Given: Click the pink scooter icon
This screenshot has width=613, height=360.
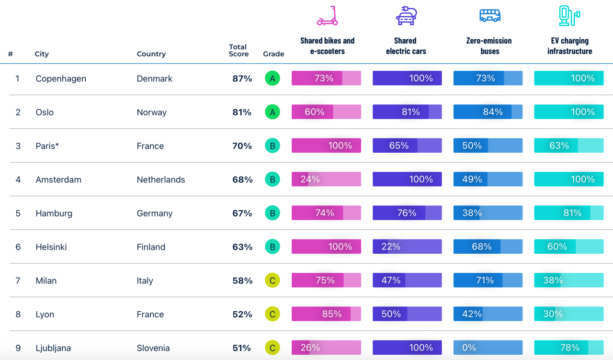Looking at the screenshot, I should point(328,16).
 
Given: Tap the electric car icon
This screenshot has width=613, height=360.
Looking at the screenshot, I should point(406,16).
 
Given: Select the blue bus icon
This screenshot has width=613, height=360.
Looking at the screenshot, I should point(489,16).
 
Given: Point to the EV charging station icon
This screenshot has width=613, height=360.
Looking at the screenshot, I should point(569,16).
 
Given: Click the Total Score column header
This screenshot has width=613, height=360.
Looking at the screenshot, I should point(238,50).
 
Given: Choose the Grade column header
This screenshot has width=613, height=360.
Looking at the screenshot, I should point(273,54).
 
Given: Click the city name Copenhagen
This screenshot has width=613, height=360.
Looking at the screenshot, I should point(61,79).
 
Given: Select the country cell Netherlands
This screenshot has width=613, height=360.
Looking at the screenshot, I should point(160,180).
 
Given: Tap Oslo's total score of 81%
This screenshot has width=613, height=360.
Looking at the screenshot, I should point(242,112).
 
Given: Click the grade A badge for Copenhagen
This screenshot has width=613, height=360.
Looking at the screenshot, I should point(272,79).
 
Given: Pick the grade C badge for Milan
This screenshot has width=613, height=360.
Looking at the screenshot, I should point(272,281).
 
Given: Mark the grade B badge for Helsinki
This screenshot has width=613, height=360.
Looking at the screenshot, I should point(272,247).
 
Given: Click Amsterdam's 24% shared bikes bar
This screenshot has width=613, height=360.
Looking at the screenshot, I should point(326,180).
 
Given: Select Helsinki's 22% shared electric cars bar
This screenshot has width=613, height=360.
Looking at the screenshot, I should point(407,247).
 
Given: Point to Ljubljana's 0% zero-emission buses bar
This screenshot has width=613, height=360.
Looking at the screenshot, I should point(488,348).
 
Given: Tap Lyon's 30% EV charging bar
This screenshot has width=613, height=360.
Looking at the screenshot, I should point(569,314).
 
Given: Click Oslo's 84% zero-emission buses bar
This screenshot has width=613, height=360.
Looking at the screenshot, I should point(488,112).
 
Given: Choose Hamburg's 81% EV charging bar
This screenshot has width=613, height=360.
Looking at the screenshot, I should point(569,213).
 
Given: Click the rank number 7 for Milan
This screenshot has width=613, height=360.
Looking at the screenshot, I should point(18,281).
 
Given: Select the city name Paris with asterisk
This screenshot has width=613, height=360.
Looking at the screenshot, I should point(47,146).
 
